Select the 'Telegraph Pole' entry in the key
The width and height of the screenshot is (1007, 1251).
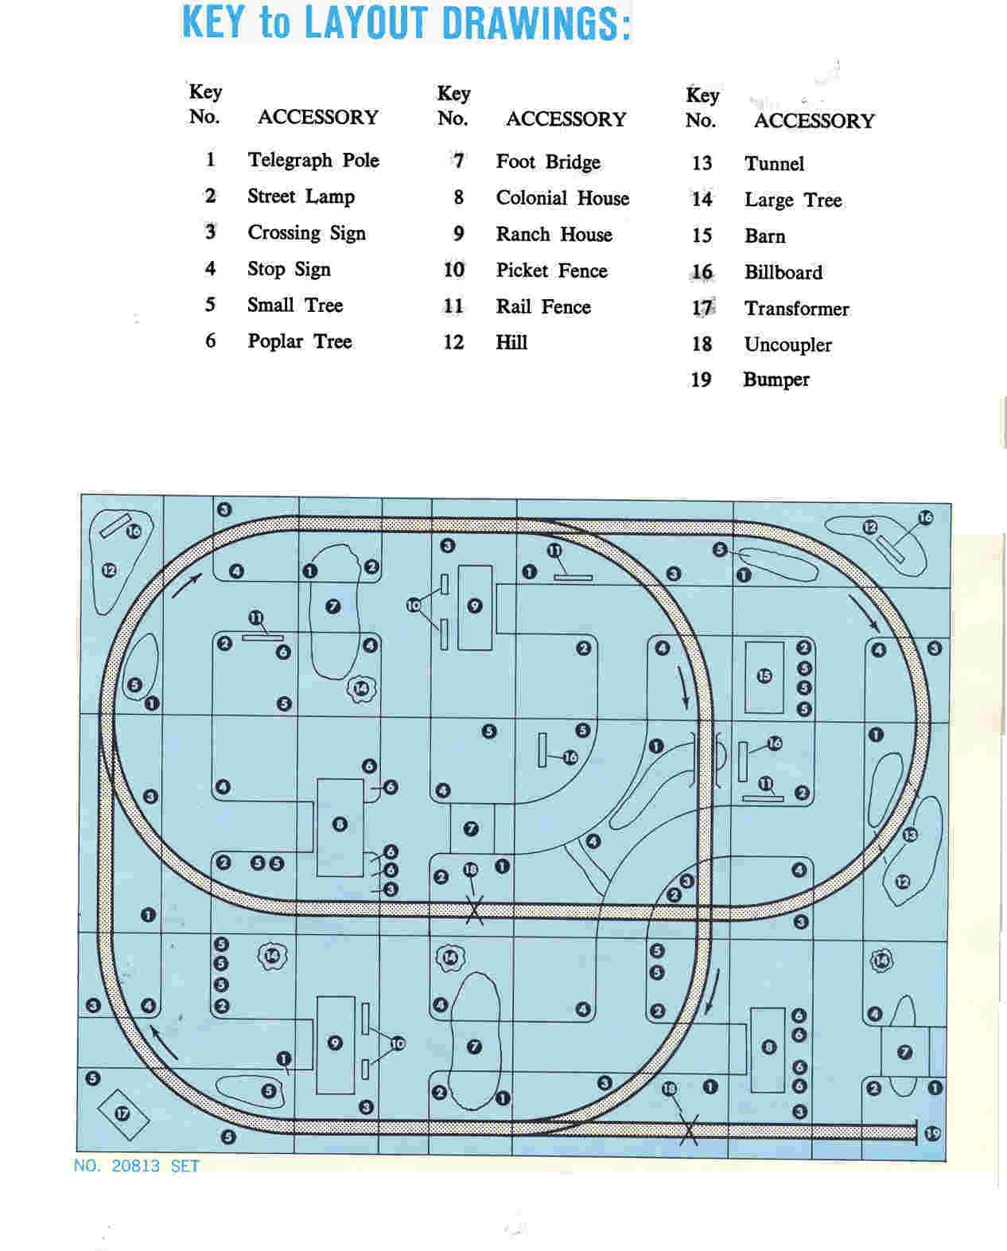[313, 160]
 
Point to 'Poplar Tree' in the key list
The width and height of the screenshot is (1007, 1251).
[300, 341]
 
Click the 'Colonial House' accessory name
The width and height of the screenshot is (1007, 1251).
[562, 197]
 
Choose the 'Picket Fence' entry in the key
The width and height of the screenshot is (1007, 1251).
[551, 271]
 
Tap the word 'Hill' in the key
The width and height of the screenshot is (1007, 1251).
[511, 342]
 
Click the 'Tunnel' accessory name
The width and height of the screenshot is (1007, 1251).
[775, 163]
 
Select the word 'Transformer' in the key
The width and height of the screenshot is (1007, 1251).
[797, 308]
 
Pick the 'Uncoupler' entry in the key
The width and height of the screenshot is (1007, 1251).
[788, 345]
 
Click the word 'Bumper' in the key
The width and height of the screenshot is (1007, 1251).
[776, 380]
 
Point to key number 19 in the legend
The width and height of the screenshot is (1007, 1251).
[701, 380]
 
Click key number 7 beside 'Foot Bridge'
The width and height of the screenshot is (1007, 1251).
[458, 161]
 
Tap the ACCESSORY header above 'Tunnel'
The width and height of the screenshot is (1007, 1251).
[814, 121]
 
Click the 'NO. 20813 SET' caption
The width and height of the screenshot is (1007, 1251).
[137, 1166]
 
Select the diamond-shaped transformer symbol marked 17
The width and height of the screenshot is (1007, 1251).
[122, 1115]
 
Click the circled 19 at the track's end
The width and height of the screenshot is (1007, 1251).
[932, 1133]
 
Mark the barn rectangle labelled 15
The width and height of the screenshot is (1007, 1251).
[764, 677]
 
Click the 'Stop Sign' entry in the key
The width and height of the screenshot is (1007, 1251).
[289, 269]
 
